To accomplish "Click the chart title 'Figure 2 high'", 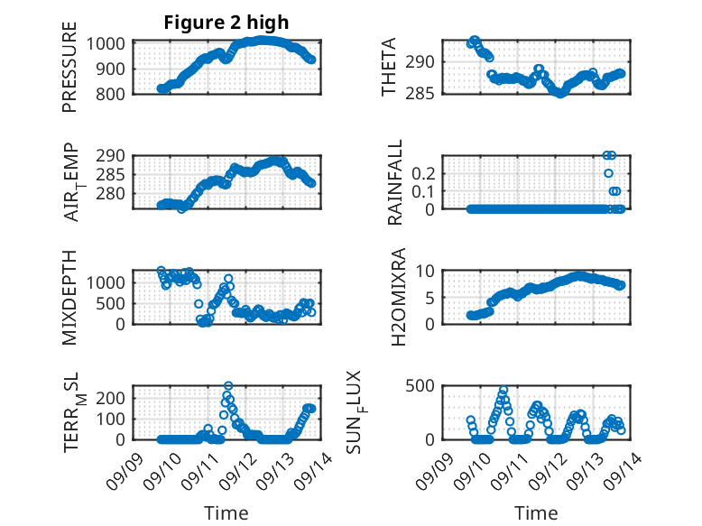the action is point(226,23).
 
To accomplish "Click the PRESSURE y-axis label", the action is point(69,67).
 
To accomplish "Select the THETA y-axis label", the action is point(389,67).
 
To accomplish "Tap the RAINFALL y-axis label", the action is point(395,182).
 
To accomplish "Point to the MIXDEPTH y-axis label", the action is point(69,298).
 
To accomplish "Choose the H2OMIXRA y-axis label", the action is point(398,297).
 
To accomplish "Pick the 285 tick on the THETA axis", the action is point(420,94).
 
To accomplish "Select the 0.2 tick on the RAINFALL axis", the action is point(423,173).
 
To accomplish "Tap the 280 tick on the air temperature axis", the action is point(111,194).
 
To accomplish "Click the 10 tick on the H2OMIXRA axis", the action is point(425,271).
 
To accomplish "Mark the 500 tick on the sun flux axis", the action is point(420,385).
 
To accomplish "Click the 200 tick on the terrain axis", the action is point(111,398).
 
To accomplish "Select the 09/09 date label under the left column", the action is point(125,471).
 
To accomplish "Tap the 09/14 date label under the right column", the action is point(623,471).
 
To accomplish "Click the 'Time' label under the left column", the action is point(226,512).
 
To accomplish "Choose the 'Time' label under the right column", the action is point(536,512).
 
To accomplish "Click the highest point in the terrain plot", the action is point(228,385).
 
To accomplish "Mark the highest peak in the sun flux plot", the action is point(503,390).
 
